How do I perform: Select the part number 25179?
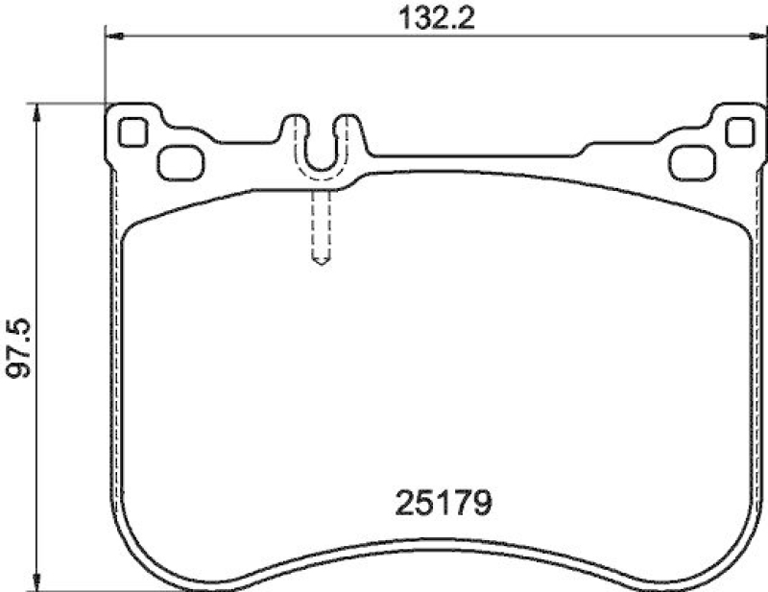(x=444, y=501)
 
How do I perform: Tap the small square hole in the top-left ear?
(x=132, y=130)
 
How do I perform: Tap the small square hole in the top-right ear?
(x=738, y=131)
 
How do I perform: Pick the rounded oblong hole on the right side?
(x=691, y=163)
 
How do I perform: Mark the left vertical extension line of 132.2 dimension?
(x=103, y=67)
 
